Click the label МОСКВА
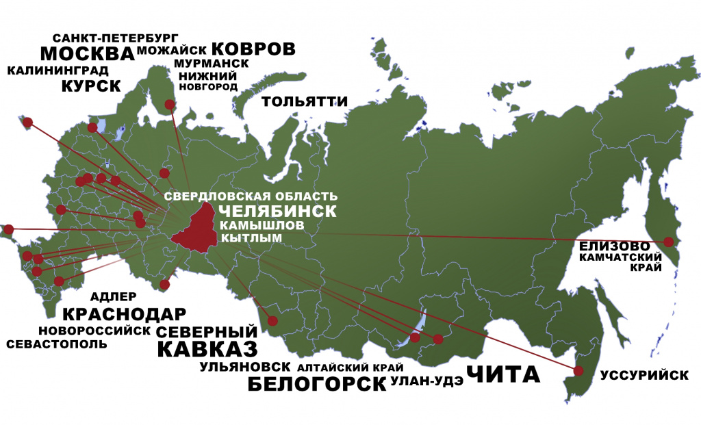pyautogui.click(x=87, y=54)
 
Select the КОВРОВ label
pyautogui.click(x=253, y=49)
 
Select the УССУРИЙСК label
pyautogui.click(x=643, y=375)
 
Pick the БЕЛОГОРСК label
pyautogui.click(x=316, y=383)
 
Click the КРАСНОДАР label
pyautogui.click(x=124, y=315)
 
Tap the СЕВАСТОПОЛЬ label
pyautogui.click(x=57, y=344)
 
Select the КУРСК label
pyautogui.click(x=91, y=86)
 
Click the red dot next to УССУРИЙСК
pyautogui.click(x=578, y=371)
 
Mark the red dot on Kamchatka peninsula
pyautogui.click(x=669, y=242)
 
